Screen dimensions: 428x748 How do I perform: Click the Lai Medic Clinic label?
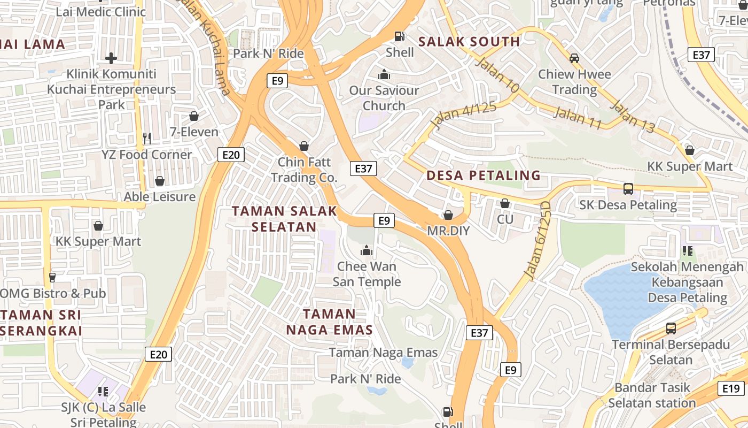pyautogui.click(x=100, y=12)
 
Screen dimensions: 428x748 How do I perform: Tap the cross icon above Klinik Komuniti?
pyautogui.click(x=111, y=58)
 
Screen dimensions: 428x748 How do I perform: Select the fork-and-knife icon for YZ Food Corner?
pyautogui.click(x=147, y=139)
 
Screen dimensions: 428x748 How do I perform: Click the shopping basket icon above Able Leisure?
pyautogui.click(x=160, y=181)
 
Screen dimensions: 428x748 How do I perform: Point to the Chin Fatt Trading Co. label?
pyautogui.click(x=304, y=170)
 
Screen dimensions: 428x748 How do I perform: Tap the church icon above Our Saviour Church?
pyautogui.click(x=384, y=75)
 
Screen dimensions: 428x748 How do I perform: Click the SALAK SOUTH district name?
pyautogui.click(x=469, y=42)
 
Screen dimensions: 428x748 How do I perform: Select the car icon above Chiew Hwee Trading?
pyautogui.click(x=574, y=58)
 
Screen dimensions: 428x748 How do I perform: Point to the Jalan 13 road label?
pyautogui.click(x=632, y=116)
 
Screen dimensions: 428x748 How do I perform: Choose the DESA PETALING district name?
pyautogui.click(x=484, y=175)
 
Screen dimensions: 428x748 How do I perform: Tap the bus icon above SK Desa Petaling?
pyautogui.click(x=628, y=189)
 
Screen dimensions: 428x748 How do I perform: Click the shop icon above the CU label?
pyautogui.click(x=505, y=204)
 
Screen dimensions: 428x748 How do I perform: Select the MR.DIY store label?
pyautogui.click(x=448, y=231)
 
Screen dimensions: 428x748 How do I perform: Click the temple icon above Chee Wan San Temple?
pyautogui.click(x=367, y=250)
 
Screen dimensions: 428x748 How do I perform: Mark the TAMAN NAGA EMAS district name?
pyautogui.click(x=330, y=322)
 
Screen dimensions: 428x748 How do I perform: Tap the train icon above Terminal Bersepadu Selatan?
pyautogui.click(x=671, y=328)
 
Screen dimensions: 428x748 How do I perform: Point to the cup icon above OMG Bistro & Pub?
pyautogui.click(x=52, y=278)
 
